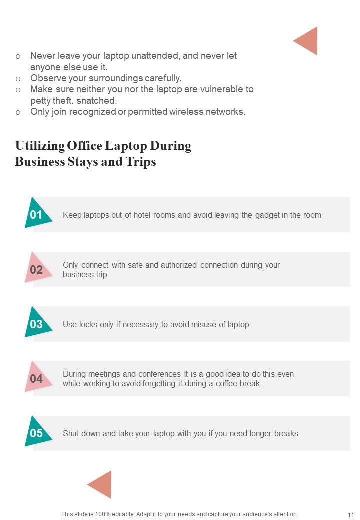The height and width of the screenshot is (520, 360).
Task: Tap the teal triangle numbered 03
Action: (x=36, y=323)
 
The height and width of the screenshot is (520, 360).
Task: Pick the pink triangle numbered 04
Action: (x=37, y=378)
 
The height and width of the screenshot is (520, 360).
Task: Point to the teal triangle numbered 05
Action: (x=36, y=432)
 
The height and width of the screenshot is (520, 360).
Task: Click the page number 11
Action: (x=350, y=515)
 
